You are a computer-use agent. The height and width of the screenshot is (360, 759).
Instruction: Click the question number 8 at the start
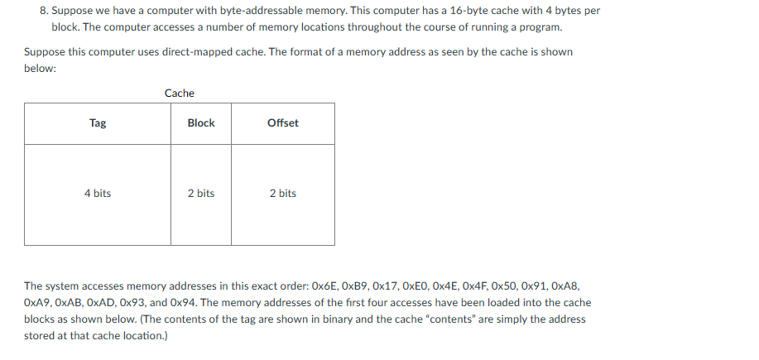43,11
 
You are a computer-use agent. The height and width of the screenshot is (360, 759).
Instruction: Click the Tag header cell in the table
98,123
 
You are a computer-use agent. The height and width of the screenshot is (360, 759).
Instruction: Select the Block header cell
201,123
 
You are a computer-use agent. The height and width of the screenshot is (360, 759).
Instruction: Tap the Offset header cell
283,123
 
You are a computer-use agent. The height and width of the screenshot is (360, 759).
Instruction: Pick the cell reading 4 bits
98,194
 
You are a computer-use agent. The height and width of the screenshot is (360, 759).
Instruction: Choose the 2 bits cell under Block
201,194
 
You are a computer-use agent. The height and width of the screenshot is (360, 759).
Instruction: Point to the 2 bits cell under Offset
283,194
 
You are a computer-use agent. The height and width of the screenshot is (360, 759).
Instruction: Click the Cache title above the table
180,94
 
